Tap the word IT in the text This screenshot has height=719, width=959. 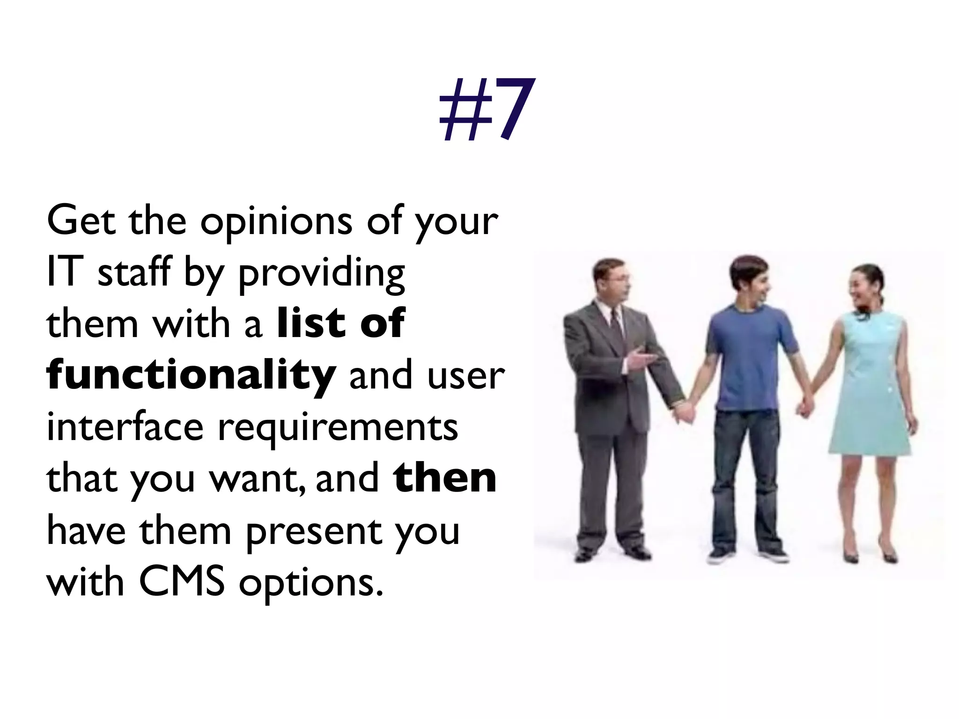pos(65,272)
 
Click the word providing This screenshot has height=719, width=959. pos(322,273)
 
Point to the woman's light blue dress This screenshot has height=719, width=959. pos(871,384)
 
